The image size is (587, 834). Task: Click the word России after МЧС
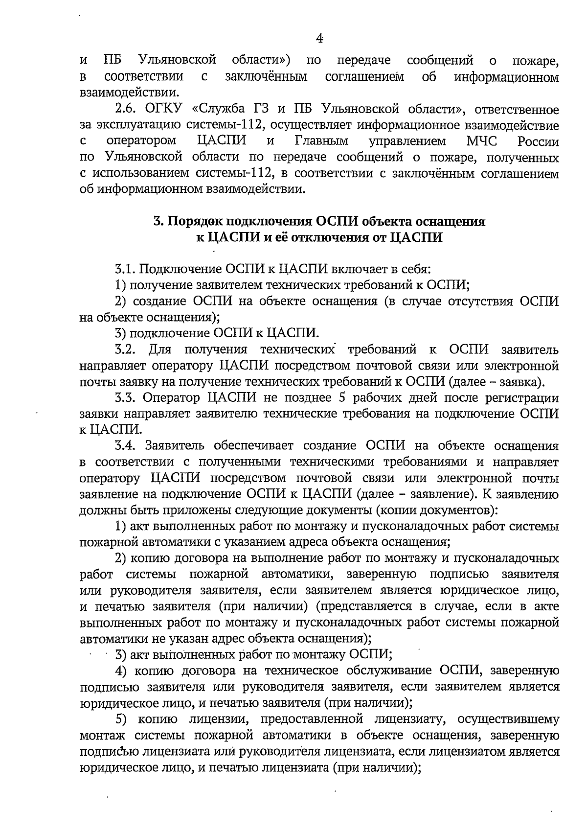click(x=538, y=142)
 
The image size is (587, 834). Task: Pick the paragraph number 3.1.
click(x=127, y=269)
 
